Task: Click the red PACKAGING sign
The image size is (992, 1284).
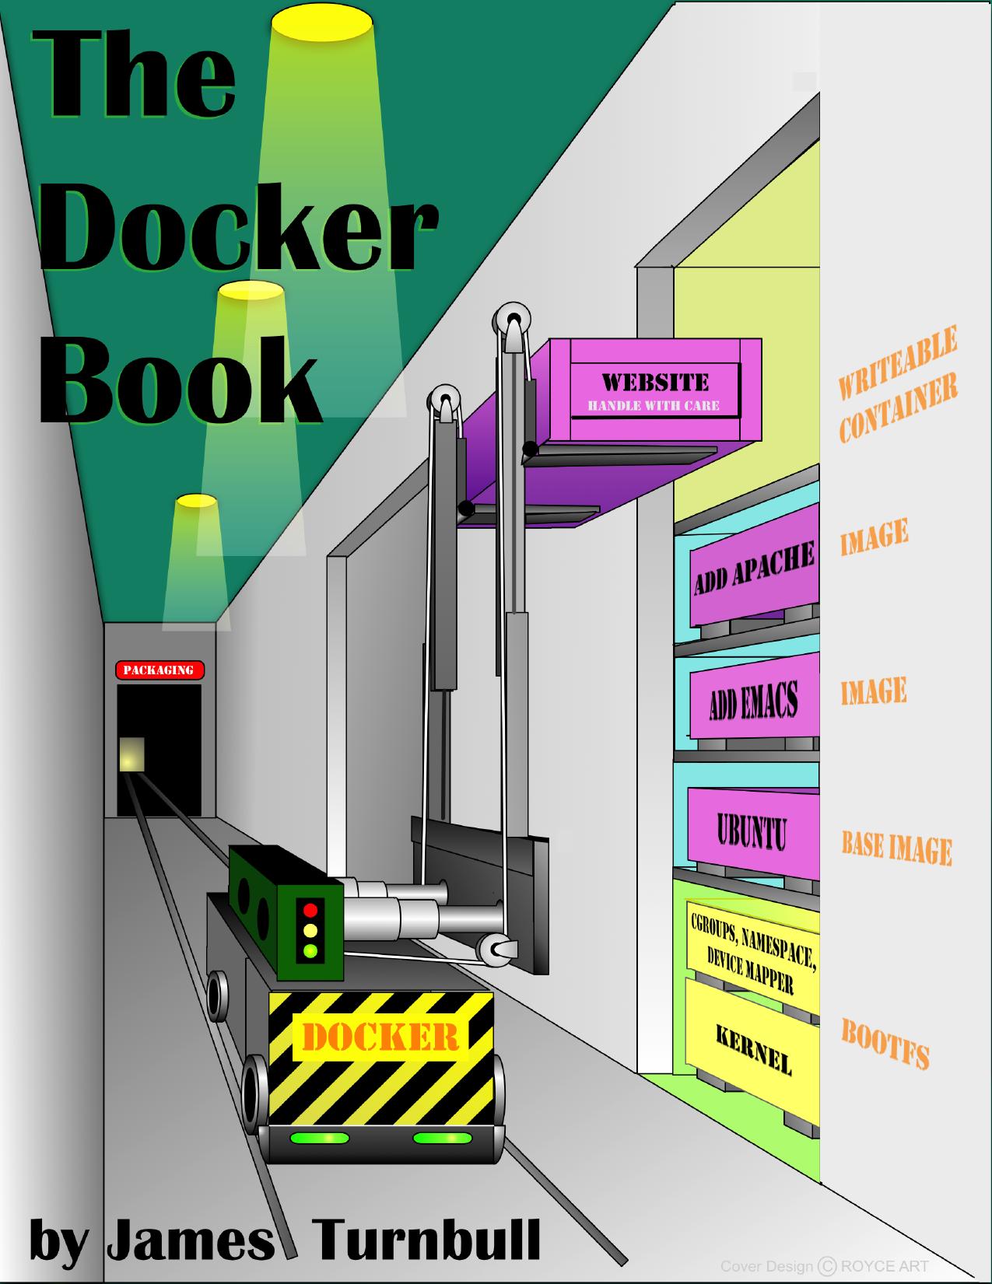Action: pyautogui.click(x=159, y=670)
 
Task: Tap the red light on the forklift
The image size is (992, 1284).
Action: pyautogui.click(x=310, y=909)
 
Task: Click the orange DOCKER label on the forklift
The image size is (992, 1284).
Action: pyautogui.click(x=380, y=1037)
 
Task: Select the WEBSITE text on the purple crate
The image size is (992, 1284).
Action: pyautogui.click(x=655, y=383)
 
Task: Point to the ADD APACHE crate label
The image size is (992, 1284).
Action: pyautogui.click(x=754, y=567)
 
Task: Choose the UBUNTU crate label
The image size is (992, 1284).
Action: pyautogui.click(x=752, y=831)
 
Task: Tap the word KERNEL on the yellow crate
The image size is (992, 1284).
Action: pyautogui.click(x=754, y=1049)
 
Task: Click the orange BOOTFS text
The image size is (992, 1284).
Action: pyautogui.click(x=885, y=1044)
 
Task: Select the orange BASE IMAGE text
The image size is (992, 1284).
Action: pyautogui.click(x=897, y=849)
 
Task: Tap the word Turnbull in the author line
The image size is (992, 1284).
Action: pyautogui.click(x=426, y=1240)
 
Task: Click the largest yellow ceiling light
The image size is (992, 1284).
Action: pyautogui.click(x=322, y=26)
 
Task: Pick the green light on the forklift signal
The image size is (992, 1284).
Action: pyautogui.click(x=310, y=951)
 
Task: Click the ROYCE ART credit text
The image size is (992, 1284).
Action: pyautogui.click(x=885, y=1266)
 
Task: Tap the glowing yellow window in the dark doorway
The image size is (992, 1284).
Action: pyautogui.click(x=131, y=754)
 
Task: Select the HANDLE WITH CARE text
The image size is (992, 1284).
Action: pyautogui.click(x=654, y=405)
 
